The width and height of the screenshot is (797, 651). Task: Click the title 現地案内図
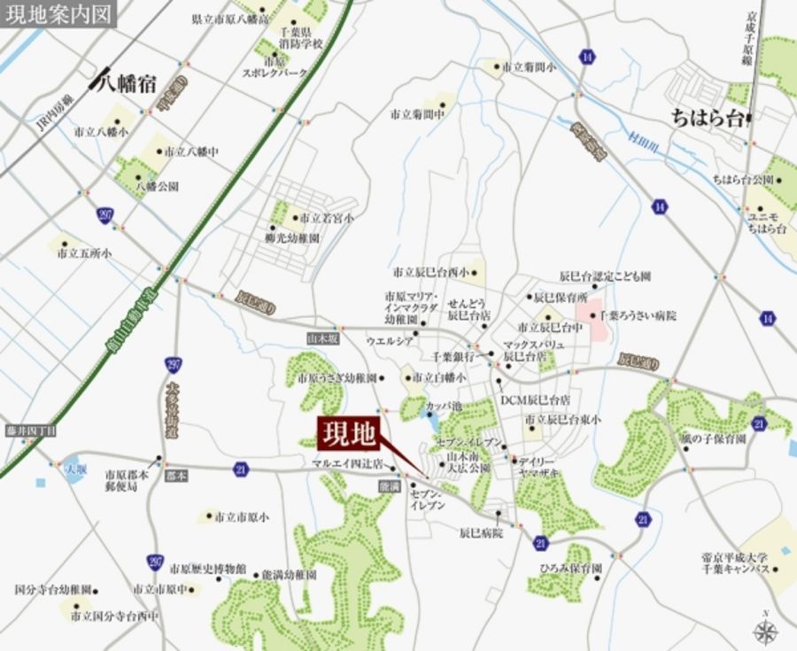pyautogui.click(x=58, y=15)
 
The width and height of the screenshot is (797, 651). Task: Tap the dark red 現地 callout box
pyautogui.click(x=349, y=434)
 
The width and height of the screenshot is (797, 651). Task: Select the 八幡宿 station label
pyautogui.click(x=127, y=85)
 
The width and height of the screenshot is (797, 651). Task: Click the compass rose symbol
pyautogui.click(x=766, y=632)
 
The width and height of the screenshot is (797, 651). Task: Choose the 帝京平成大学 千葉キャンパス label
pyautogui.click(x=735, y=563)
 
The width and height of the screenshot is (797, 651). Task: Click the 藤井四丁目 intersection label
pyautogui.click(x=30, y=430)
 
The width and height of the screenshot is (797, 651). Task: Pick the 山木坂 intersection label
pyautogui.click(x=318, y=337)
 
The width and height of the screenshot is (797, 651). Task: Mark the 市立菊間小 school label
pyautogui.click(x=528, y=66)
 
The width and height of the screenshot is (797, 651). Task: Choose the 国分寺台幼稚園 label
pyautogui.click(x=53, y=589)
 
